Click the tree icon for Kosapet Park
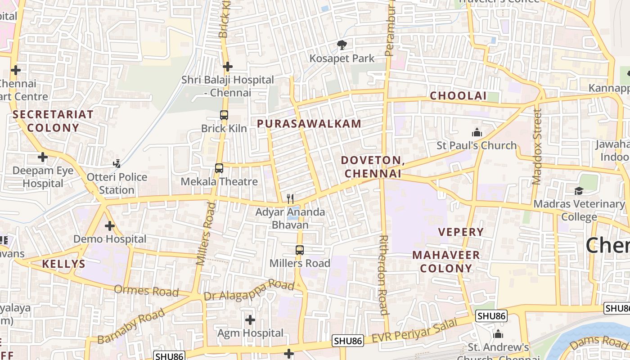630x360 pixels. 342,45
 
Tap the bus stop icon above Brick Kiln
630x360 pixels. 224,115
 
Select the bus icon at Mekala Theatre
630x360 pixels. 219,168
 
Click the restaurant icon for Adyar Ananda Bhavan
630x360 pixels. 290,198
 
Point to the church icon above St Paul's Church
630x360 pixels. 477,132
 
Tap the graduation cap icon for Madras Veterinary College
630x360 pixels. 579,191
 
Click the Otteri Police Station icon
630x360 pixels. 117,164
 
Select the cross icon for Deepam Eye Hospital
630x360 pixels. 43,157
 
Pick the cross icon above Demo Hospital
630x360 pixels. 110,226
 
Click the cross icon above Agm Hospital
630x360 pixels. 250,320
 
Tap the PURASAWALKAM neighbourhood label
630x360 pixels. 309,124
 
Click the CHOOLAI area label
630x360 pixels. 458,96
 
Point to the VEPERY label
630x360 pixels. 461,232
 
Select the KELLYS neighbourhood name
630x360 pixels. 63,264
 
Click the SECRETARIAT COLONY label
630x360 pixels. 53,121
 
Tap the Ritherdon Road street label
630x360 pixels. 383,274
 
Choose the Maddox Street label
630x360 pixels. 537,146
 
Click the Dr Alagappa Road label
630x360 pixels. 249,290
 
